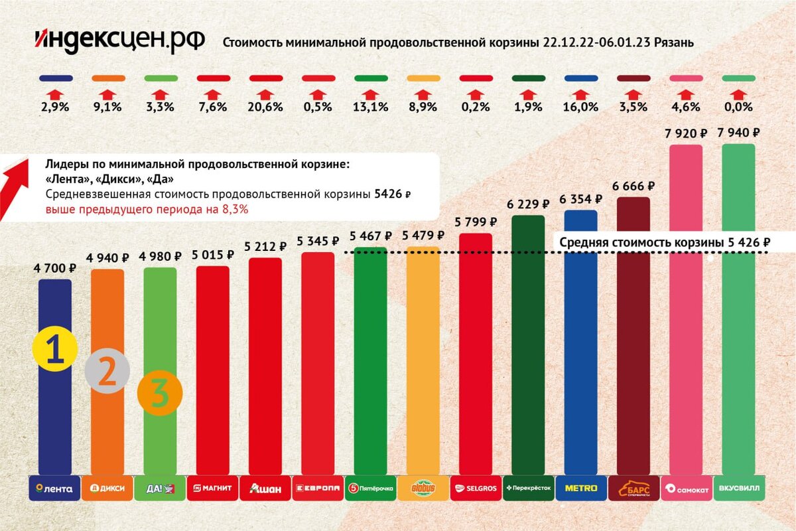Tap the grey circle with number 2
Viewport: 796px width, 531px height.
click(x=107, y=371)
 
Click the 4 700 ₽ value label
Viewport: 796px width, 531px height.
click(x=55, y=269)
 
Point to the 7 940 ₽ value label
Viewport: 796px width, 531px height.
click(x=738, y=133)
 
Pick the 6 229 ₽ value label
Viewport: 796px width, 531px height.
click(x=528, y=204)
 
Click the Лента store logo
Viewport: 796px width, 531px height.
click(x=55, y=489)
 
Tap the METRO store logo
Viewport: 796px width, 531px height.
click(x=580, y=489)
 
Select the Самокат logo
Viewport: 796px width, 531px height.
click(x=686, y=489)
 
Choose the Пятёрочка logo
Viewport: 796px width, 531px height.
click(x=370, y=489)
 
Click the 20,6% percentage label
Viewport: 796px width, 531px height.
click(x=265, y=107)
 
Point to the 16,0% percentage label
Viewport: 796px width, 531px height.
click(x=580, y=107)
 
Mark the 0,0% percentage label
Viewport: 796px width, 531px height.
click(x=738, y=107)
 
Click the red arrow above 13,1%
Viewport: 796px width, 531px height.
click(x=370, y=94)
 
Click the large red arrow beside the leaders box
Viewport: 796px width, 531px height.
click(x=15, y=188)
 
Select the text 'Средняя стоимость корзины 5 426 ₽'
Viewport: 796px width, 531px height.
click(x=664, y=242)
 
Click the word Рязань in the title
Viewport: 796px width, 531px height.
click(x=674, y=43)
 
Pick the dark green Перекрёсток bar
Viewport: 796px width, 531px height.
click(x=528, y=345)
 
